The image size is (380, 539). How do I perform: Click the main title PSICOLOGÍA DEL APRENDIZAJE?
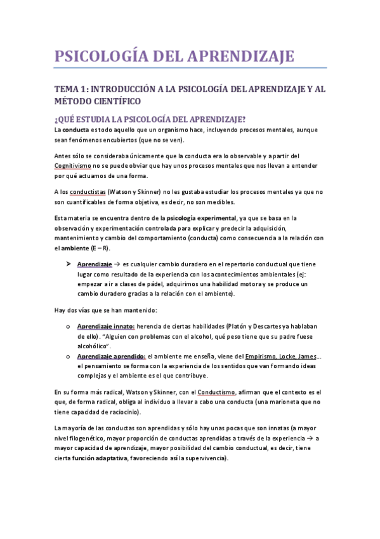(174, 56)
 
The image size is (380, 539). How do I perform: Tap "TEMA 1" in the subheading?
(72, 90)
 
